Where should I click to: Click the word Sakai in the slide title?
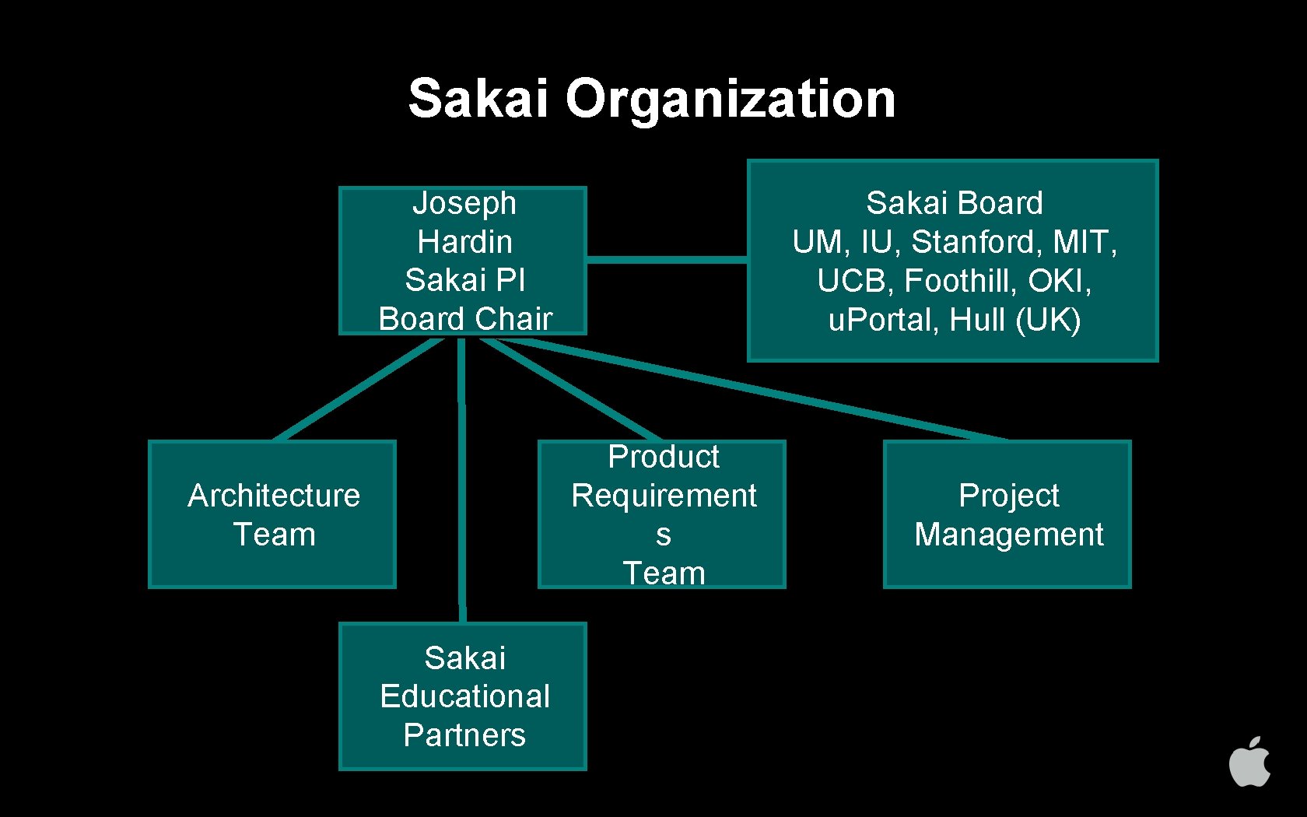[x=478, y=99]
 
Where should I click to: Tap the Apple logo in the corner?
[x=1249, y=762]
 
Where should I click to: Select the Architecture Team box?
[x=272, y=514]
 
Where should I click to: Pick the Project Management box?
[x=1007, y=514]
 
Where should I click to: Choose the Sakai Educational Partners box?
[x=463, y=696]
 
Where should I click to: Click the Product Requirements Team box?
[x=662, y=514]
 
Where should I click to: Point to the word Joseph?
[x=464, y=203]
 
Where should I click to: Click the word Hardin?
[x=464, y=242]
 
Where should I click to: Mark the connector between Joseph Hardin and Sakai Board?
[x=667, y=259]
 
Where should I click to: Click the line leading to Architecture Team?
[x=358, y=389]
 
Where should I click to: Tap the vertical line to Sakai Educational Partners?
[x=462, y=482]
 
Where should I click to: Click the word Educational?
[x=464, y=696]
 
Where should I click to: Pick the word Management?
[x=1008, y=535]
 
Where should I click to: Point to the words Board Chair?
[x=464, y=319]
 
